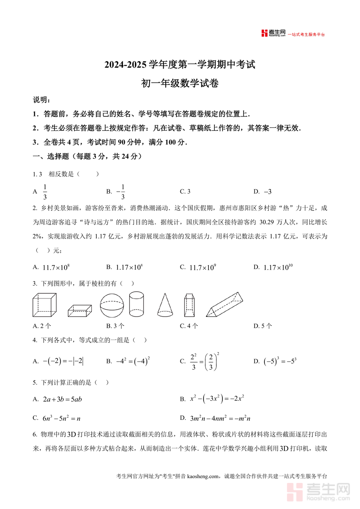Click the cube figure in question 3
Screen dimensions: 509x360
[x=44, y=305]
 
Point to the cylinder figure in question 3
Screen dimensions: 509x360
[x=136, y=304]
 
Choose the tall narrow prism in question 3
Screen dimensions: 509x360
[x=189, y=305]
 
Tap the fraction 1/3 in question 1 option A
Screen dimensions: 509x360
[x=45, y=192]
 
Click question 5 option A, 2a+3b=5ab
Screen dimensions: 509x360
[x=62, y=399]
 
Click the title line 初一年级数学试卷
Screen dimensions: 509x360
[x=180, y=84]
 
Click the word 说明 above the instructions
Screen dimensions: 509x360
[x=42, y=100]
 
